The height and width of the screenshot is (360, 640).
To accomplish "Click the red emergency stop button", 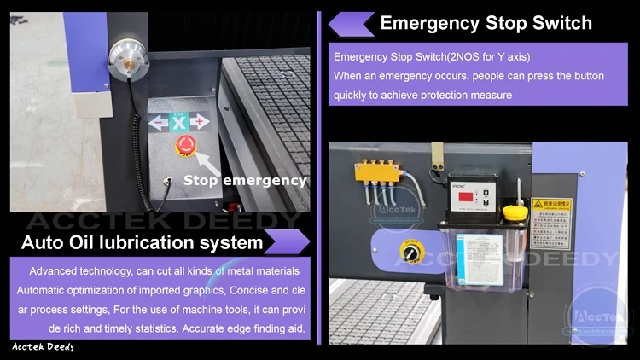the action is [x=185, y=145].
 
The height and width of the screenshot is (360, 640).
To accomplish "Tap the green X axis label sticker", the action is [x=179, y=123].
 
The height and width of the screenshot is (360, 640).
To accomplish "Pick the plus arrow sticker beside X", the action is [x=199, y=123].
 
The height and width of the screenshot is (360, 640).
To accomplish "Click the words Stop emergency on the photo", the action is [x=245, y=180].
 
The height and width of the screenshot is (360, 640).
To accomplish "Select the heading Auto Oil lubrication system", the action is [x=142, y=243].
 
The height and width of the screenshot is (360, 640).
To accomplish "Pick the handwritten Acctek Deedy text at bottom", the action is [x=43, y=347].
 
